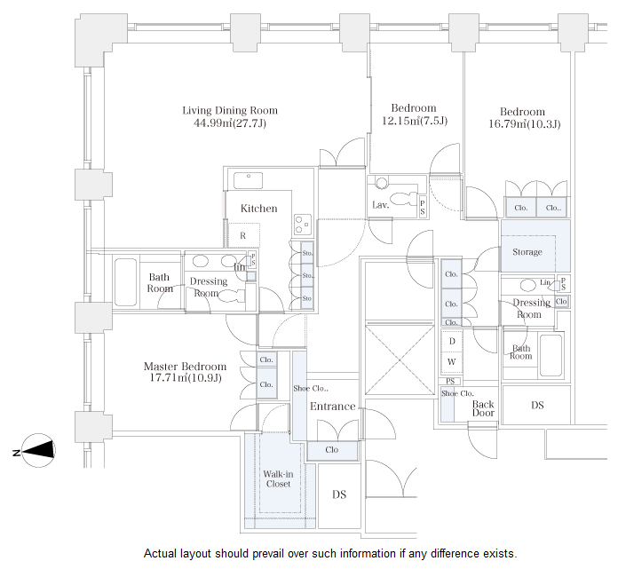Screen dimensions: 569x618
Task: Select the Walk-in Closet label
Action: [277, 478]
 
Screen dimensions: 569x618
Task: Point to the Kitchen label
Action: [258, 209]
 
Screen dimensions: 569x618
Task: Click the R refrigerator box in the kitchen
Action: [243, 235]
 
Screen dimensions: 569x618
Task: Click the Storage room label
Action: [527, 252]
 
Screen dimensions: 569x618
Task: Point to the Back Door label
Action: [483, 408]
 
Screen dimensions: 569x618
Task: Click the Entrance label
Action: [332, 407]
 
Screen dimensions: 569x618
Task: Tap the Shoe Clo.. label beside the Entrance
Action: [311, 388]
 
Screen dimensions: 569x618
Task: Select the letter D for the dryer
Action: [451, 342]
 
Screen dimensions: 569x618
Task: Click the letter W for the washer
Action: [451, 361]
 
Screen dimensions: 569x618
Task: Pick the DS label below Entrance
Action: [338, 494]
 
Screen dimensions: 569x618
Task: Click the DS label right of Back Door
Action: [537, 406]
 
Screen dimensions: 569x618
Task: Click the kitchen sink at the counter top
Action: [250, 180]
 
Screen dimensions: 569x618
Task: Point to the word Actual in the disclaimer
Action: [162, 553]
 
